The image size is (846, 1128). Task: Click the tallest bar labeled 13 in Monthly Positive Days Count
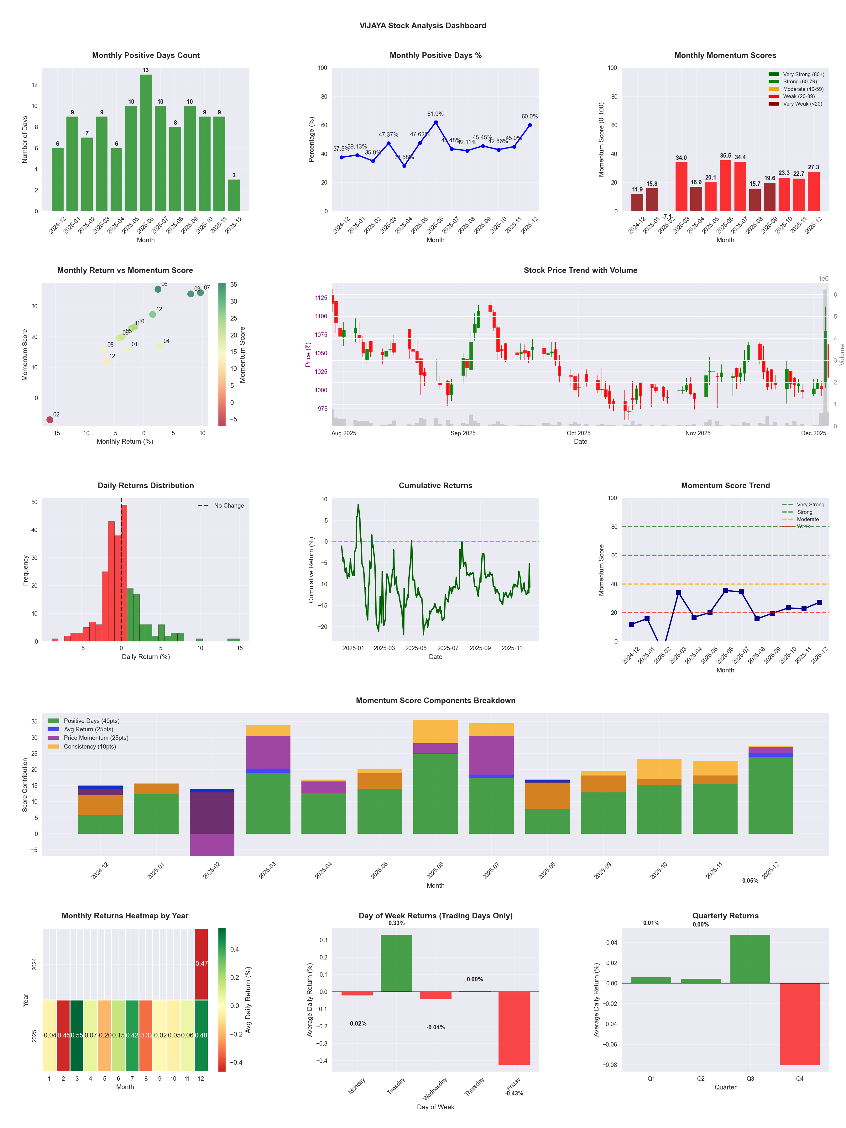pyautogui.click(x=146, y=143)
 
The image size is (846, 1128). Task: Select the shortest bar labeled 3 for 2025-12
pyautogui.click(x=234, y=195)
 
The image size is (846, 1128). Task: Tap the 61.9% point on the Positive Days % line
pyautogui.click(x=436, y=123)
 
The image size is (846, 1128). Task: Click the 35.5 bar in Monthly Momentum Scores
pyautogui.click(x=725, y=185)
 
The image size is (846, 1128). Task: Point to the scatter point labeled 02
pyautogui.click(x=50, y=420)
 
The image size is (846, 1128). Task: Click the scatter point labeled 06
pyautogui.click(x=158, y=289)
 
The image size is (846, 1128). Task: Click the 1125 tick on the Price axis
pyautogui.click(x=321, y=298)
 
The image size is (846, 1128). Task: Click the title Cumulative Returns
pyautogui.click(x=436, y=485)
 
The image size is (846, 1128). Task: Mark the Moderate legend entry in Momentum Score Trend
pyautogui.click(x=807, y=520)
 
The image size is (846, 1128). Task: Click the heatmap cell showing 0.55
pyautogui.click(x=77, y=1035)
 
